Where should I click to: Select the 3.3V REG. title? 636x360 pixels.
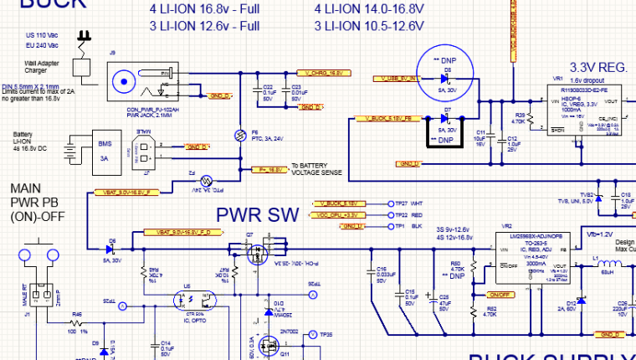click(598, 67)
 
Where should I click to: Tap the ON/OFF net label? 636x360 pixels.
click(500, 295)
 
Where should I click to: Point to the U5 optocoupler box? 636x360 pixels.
click(194, 297)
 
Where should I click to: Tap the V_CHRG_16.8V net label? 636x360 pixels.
click(323, 74)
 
